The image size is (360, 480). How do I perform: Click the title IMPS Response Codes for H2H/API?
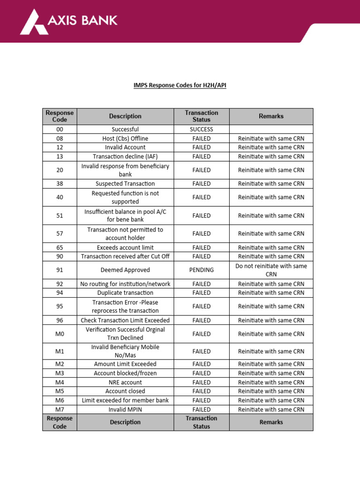click(180, 86)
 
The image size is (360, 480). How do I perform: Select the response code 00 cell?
click(60, 129)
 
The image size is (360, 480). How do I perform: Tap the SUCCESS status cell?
click(201, 129)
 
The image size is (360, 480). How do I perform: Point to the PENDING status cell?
click(201, 270)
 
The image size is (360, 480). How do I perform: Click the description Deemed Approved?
click(125, 270)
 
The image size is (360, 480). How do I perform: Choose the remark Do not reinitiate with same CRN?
click(271, 270)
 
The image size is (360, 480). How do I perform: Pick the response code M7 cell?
click(60, 409)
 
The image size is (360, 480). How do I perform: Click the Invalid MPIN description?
click(125, 409)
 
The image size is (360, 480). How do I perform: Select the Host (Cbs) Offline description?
click(125, 138)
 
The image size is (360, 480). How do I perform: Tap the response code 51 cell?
click(60, 216)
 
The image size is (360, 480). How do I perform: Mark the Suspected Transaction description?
click(125, 184)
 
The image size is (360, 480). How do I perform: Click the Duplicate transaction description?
click(125, 293)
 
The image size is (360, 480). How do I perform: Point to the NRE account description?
click(125, 382)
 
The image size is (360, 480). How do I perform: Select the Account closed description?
click(125, 391)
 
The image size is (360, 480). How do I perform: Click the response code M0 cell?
click(60, 334)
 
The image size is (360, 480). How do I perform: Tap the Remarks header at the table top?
click(271, 116)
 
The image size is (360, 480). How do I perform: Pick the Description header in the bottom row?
click(125, 422)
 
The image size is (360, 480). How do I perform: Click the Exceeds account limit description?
click(125, 247)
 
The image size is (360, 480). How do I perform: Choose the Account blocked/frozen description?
click(125, 373)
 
